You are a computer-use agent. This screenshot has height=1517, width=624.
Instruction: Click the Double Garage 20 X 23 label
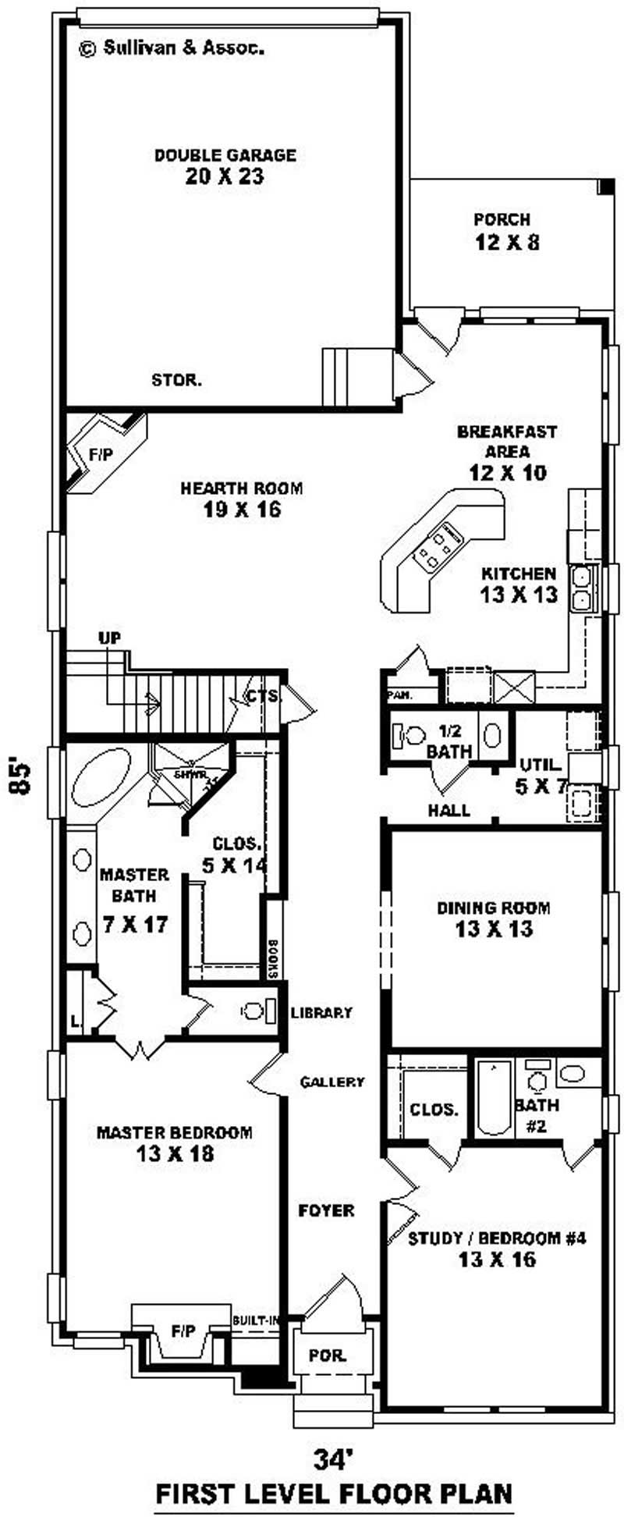225,166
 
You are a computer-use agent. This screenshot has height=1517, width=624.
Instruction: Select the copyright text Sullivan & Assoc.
172,48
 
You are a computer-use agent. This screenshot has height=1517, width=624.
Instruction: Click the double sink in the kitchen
581,588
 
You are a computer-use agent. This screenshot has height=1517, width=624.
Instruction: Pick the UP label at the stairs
109,638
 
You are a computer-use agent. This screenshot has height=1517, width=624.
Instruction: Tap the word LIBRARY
321,1013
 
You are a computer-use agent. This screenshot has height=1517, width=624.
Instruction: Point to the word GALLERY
333,1082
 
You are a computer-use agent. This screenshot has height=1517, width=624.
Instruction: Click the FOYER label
326,1210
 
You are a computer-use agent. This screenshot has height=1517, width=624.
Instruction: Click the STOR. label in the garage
177,381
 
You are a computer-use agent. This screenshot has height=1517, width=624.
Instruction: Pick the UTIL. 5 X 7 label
541,776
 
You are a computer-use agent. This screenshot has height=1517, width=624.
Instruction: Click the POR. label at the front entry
327,1355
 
